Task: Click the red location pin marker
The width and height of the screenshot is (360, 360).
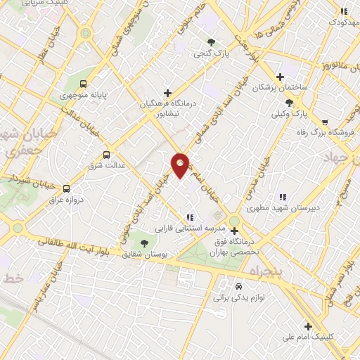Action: pos(181,165)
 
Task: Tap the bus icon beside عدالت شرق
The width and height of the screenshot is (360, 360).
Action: pos(106,155)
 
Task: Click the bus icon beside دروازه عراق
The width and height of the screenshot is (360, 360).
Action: pos(67,188)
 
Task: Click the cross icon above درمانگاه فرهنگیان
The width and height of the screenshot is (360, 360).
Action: pos(167,92)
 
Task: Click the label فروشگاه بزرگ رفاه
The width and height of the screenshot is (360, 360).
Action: pos(324,131)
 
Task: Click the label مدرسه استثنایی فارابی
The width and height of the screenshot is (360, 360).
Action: pos(189,228)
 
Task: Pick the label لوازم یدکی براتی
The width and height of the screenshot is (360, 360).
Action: pos(239,297)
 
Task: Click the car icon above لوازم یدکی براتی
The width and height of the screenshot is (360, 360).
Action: pos(238,287)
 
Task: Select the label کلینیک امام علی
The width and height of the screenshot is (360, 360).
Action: pos(308,337)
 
